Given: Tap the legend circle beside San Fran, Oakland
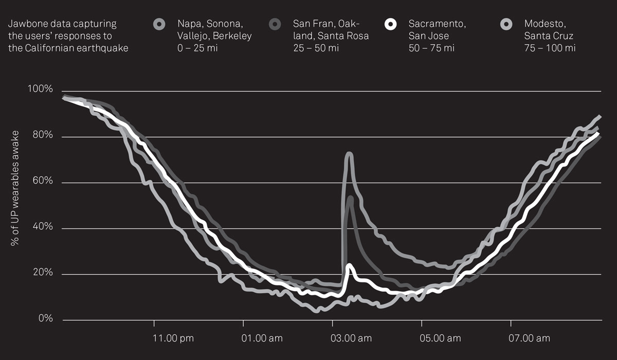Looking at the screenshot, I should [275, 24].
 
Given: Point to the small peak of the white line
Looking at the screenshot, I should [350, 265].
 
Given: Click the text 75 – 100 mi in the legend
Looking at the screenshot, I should [550, 48].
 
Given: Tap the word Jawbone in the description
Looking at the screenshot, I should [26, 24].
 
